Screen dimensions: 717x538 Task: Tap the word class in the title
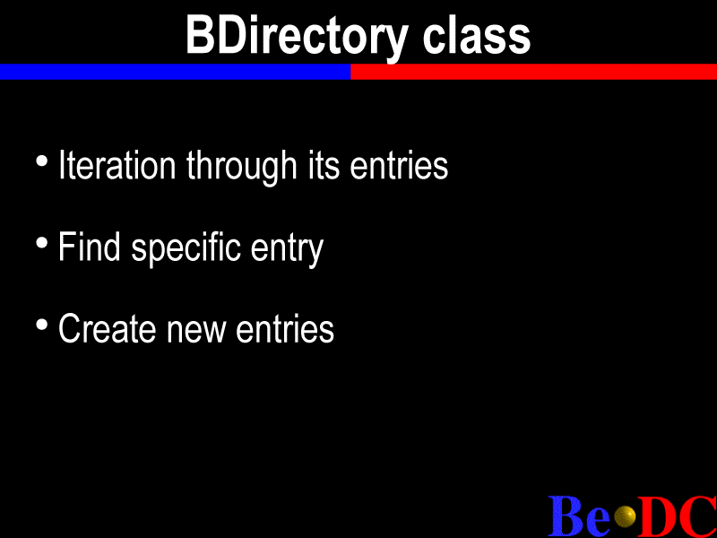[x=477, y=36]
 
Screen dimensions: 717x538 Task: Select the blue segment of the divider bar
[x=175, y=72]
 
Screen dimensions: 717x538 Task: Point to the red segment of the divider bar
[x=533, y=72]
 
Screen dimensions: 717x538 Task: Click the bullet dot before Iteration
[x=41, y=161]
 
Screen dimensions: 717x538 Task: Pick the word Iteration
[x=117, y=165]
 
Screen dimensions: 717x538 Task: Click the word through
[x=242, y=168]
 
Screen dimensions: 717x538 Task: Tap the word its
[x=324, y=165]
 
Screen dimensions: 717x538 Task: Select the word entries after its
[x=399, y=165]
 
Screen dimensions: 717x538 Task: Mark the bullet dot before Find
[x=41, y=243]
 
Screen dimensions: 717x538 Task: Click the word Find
[x=89, y=247]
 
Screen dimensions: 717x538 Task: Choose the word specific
[x=186, y=249]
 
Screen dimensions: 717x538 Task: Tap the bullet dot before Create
[x=41, y=325]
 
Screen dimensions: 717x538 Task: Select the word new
[x=195, y=332]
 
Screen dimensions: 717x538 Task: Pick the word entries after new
[x=285, y=328]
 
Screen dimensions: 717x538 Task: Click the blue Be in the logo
[x=579, y=516]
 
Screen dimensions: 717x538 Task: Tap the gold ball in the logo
[x=625, y=516]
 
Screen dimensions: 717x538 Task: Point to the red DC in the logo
[x=678, y=516]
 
